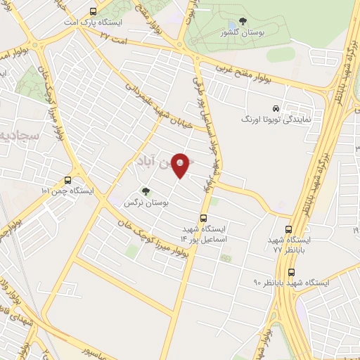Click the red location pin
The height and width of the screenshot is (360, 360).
181,165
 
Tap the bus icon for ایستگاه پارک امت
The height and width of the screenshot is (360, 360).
94,12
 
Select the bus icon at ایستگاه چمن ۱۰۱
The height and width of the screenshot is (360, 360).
67,179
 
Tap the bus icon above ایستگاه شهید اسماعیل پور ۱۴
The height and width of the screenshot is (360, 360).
204,218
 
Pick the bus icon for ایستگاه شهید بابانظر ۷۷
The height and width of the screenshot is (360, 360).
288,229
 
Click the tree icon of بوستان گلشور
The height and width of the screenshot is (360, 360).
243,22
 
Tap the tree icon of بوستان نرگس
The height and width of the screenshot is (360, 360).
146,191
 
